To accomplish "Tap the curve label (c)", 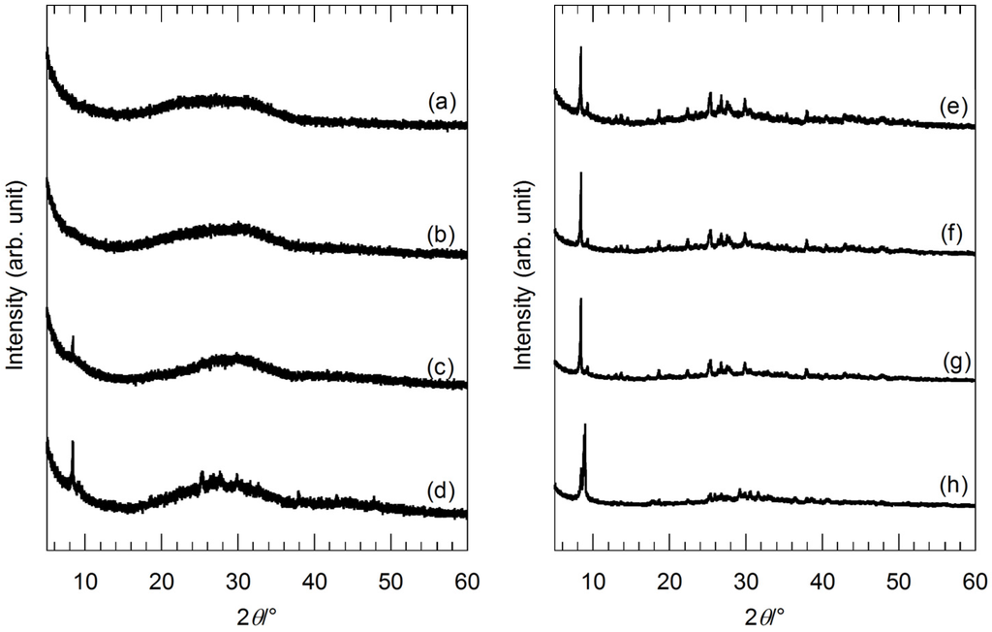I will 442,365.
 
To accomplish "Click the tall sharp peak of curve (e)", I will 580,48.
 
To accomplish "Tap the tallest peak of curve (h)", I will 585,426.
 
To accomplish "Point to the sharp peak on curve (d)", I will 73,443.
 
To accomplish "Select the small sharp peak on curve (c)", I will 73,337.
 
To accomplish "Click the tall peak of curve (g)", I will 580,300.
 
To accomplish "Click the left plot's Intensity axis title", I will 15,273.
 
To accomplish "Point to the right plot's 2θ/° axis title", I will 764,615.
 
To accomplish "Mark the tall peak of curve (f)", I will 580,174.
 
